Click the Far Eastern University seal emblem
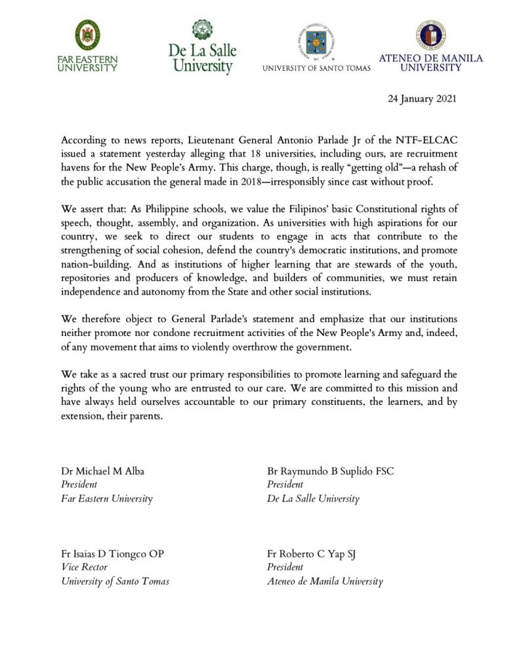point(87,35)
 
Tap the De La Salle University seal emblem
point(202,30)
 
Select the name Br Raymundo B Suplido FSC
point(330,471)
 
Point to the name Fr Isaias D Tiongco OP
point(112,554)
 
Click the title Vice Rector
point(84,568)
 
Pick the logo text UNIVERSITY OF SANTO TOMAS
point(316,68)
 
